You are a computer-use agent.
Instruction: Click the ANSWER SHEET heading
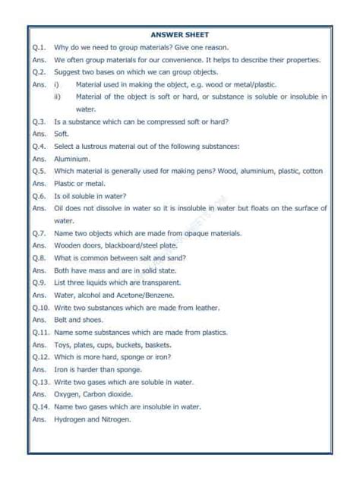click(179, 33)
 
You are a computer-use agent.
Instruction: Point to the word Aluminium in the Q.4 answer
click(73, 159)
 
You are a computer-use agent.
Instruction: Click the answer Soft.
click(62, 134)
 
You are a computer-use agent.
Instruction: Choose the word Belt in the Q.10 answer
click(62, 320)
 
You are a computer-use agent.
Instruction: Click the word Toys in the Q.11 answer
click(63, 344)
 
